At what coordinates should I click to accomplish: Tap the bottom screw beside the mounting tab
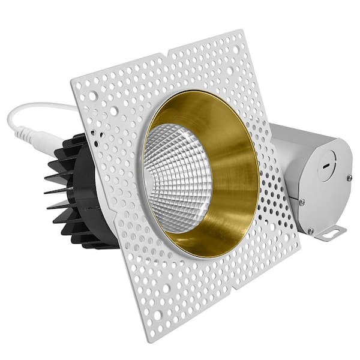click(x=310, y=230)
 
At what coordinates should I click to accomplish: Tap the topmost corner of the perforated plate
click(x=244, y=30)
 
